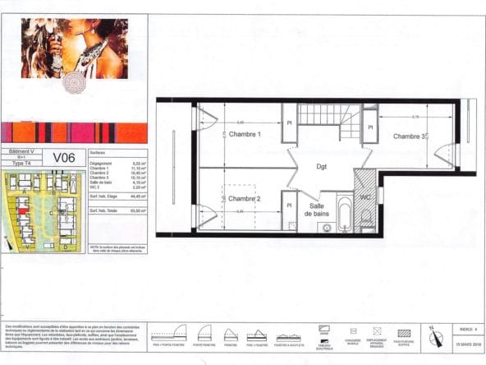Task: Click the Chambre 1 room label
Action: (245, 134)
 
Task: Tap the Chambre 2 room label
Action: (245, 199)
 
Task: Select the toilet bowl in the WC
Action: (366, 218)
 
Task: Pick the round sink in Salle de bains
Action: (327, 228)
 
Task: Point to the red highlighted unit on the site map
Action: (22, 211)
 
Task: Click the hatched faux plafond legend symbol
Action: (404, 333)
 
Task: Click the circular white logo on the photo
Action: (76, 81)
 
